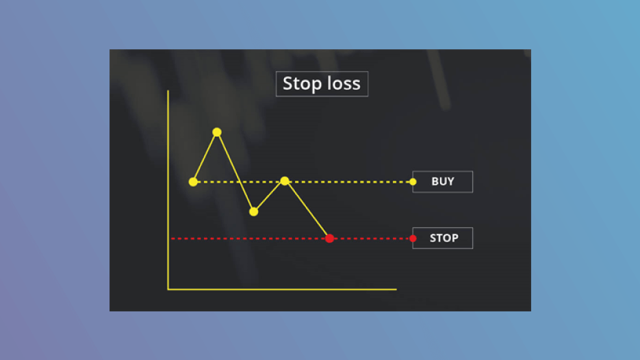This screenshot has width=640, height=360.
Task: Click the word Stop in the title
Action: tap(302, 84)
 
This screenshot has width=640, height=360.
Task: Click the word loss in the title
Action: tap(344, 83)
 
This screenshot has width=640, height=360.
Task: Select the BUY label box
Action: tap(442, 181)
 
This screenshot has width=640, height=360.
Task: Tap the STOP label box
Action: tap(442, 238)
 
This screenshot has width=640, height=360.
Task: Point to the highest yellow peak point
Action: tap(217, 132)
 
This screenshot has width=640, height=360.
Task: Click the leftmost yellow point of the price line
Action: tap(193, 181)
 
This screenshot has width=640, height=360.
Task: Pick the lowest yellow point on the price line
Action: tap(253, 211)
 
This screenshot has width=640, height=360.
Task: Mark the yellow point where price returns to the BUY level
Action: tap(285, 181)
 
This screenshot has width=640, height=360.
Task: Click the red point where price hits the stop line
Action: tap(329, 238)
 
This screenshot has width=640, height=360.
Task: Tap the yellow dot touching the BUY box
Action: tap(413, 181)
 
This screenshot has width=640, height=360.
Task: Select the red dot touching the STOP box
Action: tap(413, 238)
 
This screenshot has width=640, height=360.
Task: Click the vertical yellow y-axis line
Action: tap(168, 190)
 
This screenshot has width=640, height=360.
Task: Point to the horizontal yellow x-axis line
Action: tap(282, 290)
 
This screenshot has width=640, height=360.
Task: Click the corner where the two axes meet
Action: tap(168, 290)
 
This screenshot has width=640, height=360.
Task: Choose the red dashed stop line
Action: tap(292, 238)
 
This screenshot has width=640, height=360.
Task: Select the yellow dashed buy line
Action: tap(303, 181)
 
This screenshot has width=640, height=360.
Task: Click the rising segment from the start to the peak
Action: tap(205, 157)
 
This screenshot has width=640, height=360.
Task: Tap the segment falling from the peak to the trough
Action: tap(235, 172)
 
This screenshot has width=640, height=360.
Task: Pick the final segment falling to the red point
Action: tap(307, 210)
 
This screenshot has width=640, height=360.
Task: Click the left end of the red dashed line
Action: tap(172, 238)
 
